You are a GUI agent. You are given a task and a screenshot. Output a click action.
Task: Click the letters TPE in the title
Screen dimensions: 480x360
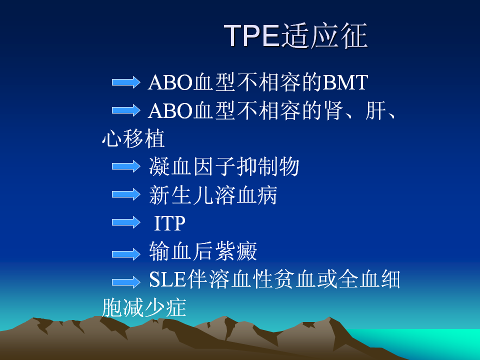pos(252,35)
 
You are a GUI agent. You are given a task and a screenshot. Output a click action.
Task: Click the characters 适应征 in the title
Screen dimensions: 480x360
pos(324,35)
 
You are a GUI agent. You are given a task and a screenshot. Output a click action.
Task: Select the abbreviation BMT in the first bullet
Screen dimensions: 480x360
pos(345,82)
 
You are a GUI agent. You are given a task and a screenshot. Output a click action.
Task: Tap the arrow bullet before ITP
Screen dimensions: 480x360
pos(126,222)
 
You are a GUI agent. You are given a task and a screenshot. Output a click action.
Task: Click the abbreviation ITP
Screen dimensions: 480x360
pos(169,223)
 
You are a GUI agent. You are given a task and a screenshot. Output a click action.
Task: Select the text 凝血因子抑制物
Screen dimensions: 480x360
pos(224,166)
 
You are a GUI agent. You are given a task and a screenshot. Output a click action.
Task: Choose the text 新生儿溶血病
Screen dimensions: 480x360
pos(213,195)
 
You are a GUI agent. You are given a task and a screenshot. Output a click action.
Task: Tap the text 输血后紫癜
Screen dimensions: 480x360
pos(203,251)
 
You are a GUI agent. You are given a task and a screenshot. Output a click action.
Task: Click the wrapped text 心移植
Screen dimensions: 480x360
pos(133,138)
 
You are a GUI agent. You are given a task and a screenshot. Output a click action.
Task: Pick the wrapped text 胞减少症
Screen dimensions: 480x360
pos(144,307)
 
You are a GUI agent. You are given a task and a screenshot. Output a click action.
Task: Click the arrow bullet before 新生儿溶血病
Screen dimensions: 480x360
pos(126,194)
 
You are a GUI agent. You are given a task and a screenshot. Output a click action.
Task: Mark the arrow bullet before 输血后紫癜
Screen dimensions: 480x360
pos(126,254)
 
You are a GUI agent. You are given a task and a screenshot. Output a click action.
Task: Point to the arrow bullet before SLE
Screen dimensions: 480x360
pos(126,282)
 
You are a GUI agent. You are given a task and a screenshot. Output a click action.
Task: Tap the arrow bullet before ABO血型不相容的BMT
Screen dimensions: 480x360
pos(126,82)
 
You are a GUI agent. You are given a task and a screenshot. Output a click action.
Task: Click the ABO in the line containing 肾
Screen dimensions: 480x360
pos(170,110)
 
